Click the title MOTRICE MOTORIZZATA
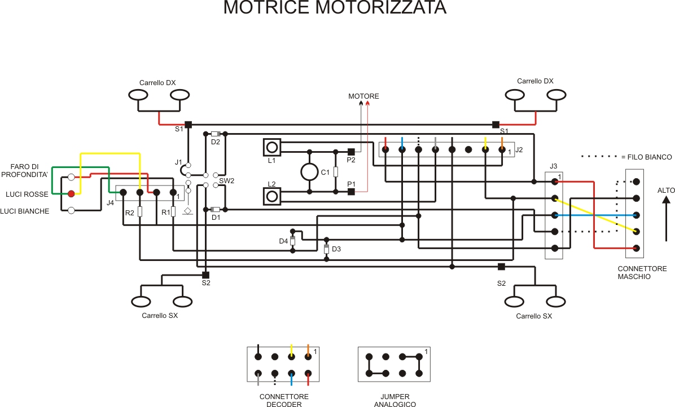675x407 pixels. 335,8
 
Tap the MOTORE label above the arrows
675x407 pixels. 363,96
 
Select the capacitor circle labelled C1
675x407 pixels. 310,172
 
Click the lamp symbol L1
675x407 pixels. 272,147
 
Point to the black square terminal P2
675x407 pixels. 350,152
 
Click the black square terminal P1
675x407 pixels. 350,192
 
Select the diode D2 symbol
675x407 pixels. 215,134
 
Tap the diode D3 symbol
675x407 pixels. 326,249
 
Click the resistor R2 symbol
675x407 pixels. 139,212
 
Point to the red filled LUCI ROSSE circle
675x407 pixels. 71,194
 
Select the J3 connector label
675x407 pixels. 553,166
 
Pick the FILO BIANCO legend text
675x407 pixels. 646,157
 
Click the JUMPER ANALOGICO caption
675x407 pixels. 395,400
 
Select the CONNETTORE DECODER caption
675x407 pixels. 284,400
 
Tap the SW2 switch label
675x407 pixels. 226,181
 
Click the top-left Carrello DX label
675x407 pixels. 157,83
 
